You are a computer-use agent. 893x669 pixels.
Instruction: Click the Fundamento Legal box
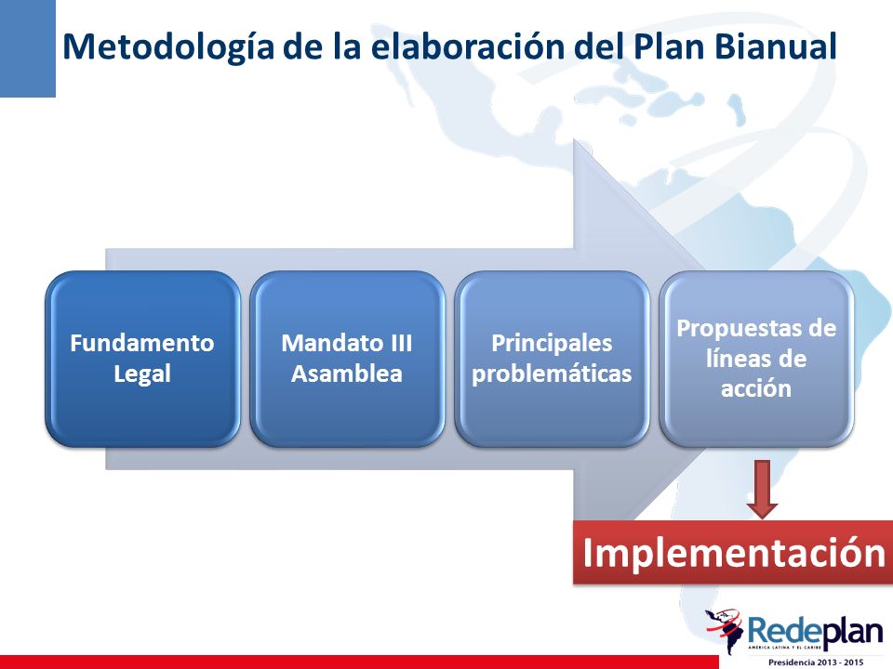pos(142,359)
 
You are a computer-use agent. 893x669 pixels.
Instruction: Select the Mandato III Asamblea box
pos(347,359)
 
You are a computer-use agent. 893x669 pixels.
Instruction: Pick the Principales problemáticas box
pos(552,359)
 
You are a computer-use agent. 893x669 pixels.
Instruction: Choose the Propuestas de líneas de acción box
pos(756,359)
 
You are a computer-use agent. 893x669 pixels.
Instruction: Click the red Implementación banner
pos(733,552)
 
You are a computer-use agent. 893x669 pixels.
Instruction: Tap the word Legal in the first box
pos(142,374)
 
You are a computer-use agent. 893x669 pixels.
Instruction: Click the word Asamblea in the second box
pos(347,374)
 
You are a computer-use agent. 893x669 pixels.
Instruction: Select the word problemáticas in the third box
pos(552,374)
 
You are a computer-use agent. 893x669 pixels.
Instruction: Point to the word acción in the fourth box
pos(756,389)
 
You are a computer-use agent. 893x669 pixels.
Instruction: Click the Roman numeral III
pos(401,343)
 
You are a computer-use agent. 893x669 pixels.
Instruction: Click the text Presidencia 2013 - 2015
pos(816,662)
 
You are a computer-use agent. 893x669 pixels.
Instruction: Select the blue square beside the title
pos(28,48)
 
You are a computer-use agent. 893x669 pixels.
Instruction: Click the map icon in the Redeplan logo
pos(725,630)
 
